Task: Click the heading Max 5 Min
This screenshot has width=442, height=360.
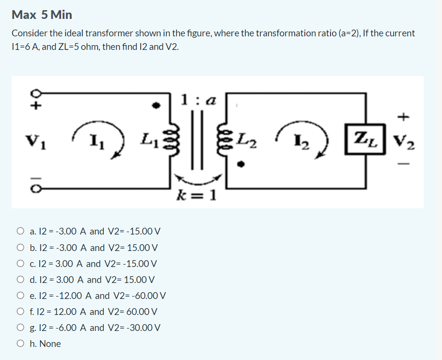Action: (42, 15)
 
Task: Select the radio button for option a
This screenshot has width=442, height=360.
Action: (21, 231)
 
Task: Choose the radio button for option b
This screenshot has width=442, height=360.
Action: (21, 248)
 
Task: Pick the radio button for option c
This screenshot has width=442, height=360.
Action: (21, 264)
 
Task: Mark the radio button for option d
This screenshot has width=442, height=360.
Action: (21, 280)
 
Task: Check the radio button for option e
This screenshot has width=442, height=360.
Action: (21, 296)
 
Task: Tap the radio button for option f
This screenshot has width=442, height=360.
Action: (21, 312)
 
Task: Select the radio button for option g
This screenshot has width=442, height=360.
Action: (21, 328)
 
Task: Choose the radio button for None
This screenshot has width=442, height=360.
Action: (21, 344)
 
